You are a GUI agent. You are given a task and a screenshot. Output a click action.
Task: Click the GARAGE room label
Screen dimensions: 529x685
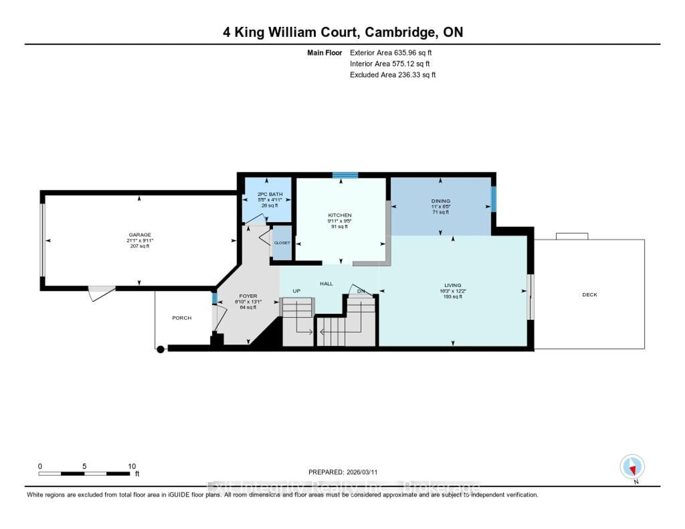point(140,235)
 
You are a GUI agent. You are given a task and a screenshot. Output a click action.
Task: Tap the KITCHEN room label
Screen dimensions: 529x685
point(340,215)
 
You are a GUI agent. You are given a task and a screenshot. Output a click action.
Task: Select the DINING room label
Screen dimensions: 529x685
point(441,201)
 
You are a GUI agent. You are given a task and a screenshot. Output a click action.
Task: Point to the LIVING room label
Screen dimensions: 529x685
point(453,285)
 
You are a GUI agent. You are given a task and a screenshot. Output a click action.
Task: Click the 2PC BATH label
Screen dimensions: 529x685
point(270,194)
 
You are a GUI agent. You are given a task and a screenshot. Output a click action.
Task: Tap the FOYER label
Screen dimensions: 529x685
point(248,296)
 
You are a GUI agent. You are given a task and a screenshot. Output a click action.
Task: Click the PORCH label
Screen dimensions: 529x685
point(182,318)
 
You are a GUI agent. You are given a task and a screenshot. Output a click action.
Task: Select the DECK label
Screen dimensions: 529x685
point(590,294)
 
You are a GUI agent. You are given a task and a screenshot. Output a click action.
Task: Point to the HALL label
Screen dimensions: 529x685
point(326,283)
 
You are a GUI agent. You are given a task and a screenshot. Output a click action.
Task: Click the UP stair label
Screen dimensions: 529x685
point(296,291)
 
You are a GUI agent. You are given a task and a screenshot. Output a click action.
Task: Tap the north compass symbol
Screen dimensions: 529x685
point(632,467)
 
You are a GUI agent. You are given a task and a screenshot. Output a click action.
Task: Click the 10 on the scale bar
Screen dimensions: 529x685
point(132,466)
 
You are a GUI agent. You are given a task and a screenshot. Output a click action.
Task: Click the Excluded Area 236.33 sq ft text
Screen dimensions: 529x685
point(393,75)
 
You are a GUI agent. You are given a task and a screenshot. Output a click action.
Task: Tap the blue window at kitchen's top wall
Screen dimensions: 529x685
point(345,175)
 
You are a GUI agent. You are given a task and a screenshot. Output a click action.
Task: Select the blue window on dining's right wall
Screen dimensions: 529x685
point(493,199)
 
